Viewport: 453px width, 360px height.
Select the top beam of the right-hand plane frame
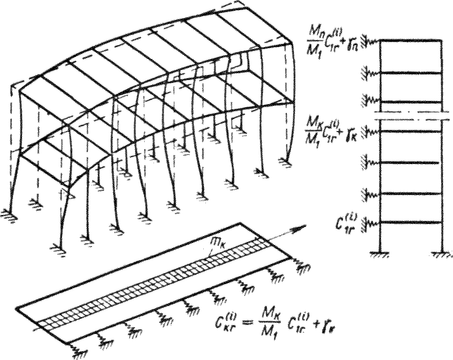point(411,40)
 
